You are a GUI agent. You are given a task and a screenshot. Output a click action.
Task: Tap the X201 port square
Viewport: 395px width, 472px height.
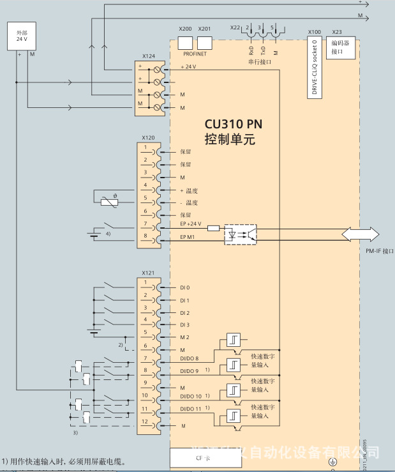[x=205, y=43]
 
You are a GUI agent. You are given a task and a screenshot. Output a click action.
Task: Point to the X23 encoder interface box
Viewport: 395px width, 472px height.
[x=342, y=48]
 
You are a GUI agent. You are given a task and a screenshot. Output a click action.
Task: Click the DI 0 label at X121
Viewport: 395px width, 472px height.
[x=185, y=288]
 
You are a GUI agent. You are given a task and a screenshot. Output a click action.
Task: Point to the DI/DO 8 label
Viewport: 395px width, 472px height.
[x=190, y=359]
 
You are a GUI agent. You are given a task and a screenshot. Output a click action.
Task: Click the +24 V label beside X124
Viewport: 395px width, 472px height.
[x=189, y=67]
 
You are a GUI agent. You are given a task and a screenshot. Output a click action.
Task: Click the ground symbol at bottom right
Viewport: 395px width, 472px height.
[x=331, y=462]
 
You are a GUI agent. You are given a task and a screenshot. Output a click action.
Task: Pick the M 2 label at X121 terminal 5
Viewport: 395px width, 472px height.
[x=185, y=337]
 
